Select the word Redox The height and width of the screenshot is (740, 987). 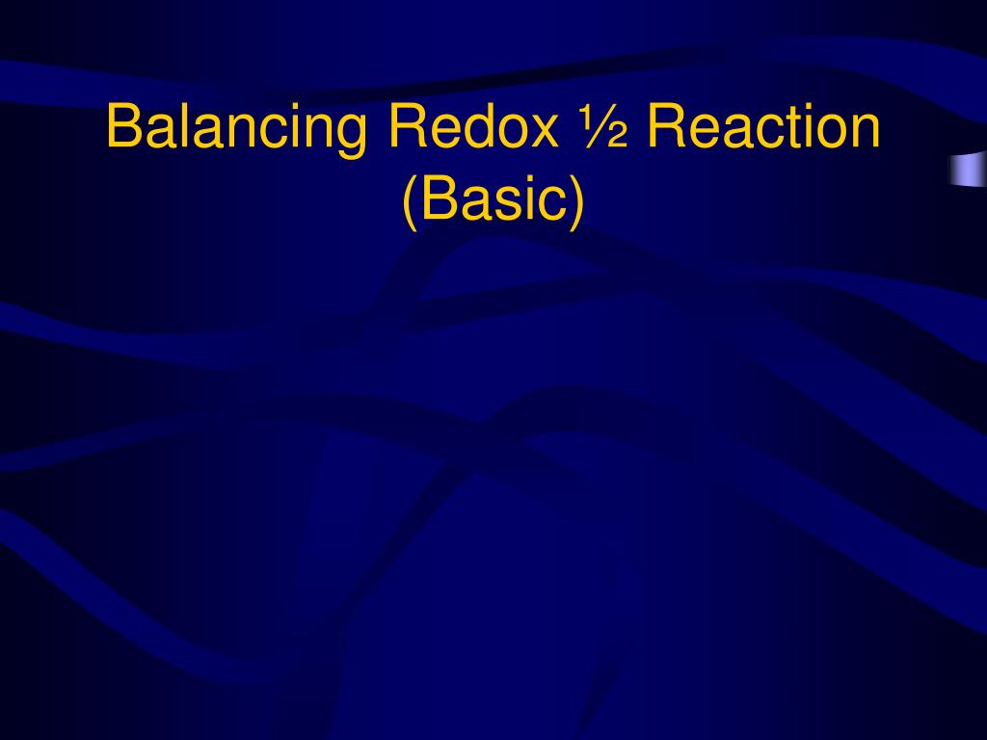coord(471,127)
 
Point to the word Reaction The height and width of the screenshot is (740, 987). coord(764,127)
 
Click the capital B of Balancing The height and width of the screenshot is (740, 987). coord(122,127)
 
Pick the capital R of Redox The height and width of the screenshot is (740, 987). coord(404,127)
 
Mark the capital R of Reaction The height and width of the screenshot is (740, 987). coord(666,127)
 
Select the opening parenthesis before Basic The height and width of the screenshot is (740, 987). coord(409,202)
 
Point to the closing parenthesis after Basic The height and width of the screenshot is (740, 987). coord(576,202)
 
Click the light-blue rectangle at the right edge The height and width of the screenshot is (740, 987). coord(967,169)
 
